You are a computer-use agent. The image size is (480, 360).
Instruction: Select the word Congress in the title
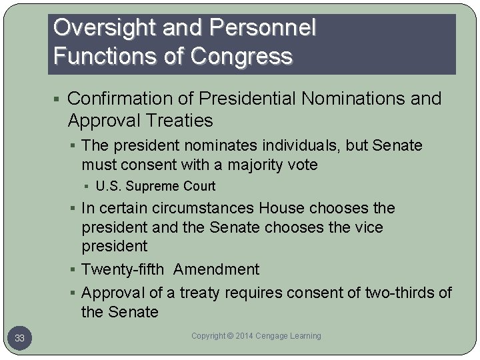pos(241,56)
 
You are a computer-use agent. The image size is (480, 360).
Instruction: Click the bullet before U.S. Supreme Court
pos(88,186)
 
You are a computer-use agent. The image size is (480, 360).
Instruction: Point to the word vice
pos(369,227)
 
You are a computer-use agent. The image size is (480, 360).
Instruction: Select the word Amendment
pos(216,269)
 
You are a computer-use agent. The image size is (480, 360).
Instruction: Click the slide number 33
pos(20,339)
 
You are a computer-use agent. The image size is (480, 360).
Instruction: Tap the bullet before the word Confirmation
pos(59,99)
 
